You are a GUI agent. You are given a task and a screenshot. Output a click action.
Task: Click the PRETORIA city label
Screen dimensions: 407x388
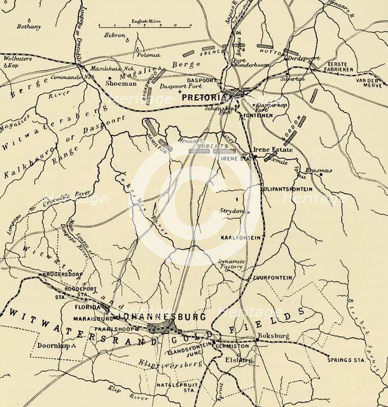205,98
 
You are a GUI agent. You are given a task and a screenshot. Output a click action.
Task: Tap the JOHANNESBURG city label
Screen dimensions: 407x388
160,316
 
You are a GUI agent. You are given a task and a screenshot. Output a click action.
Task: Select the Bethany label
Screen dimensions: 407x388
29,27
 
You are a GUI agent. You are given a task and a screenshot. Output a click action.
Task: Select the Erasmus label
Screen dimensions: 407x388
317,171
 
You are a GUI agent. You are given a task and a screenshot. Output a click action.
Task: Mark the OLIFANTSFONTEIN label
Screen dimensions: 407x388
288,189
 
